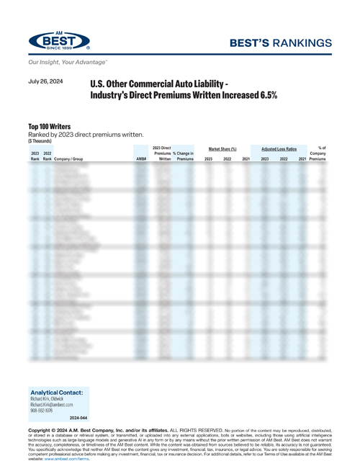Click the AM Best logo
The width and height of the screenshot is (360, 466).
59,41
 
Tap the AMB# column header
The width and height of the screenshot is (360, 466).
141,158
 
